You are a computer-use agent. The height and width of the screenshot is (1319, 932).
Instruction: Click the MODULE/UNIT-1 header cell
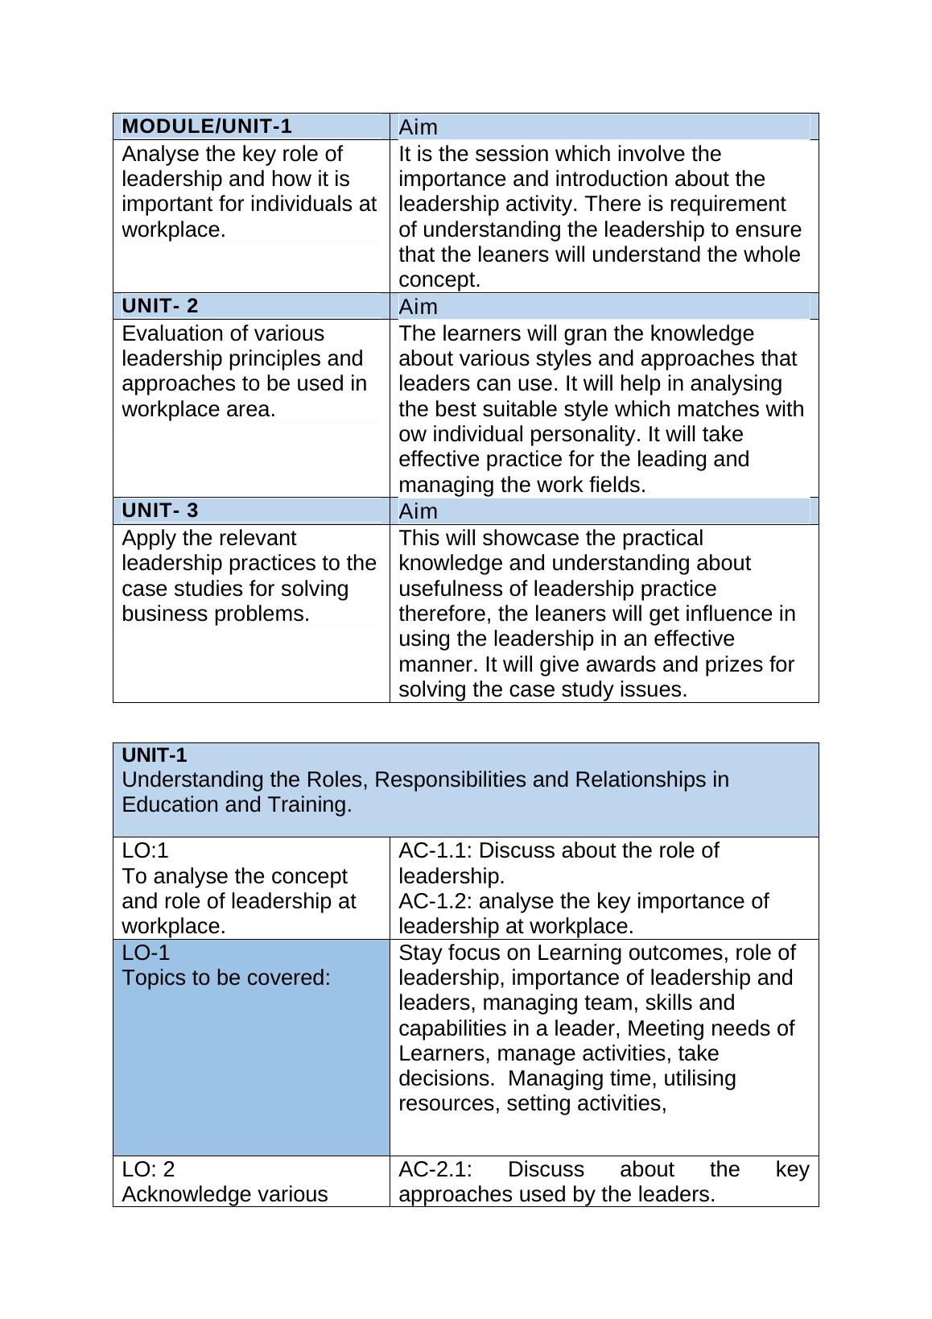click(x=207, y=126)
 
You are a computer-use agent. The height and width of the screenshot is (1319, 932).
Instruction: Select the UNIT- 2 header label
click(x=159, y=306)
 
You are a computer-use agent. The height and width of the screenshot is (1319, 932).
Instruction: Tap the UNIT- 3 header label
click(x=159, y=511)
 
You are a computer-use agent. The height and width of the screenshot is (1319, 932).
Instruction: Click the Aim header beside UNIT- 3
click(x=418, y=511)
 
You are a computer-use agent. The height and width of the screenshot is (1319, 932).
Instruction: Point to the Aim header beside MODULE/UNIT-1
click(x=418, y=127)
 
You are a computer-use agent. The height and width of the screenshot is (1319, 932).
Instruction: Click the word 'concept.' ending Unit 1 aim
click(x=439, y=280)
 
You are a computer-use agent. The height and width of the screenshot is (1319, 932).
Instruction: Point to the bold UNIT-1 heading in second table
click(x=154, y=755)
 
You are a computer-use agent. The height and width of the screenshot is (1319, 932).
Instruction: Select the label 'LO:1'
click(x=145, y=850)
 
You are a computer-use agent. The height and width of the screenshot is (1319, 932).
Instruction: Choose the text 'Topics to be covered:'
click(x=226, y=978)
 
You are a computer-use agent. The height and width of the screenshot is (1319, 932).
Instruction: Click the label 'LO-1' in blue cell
click(x=146, y=953)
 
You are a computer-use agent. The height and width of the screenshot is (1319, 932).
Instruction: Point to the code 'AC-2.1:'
click(x=435, y=1169)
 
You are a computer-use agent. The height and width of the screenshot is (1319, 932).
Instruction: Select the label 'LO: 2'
click(x=148, y=1169)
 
